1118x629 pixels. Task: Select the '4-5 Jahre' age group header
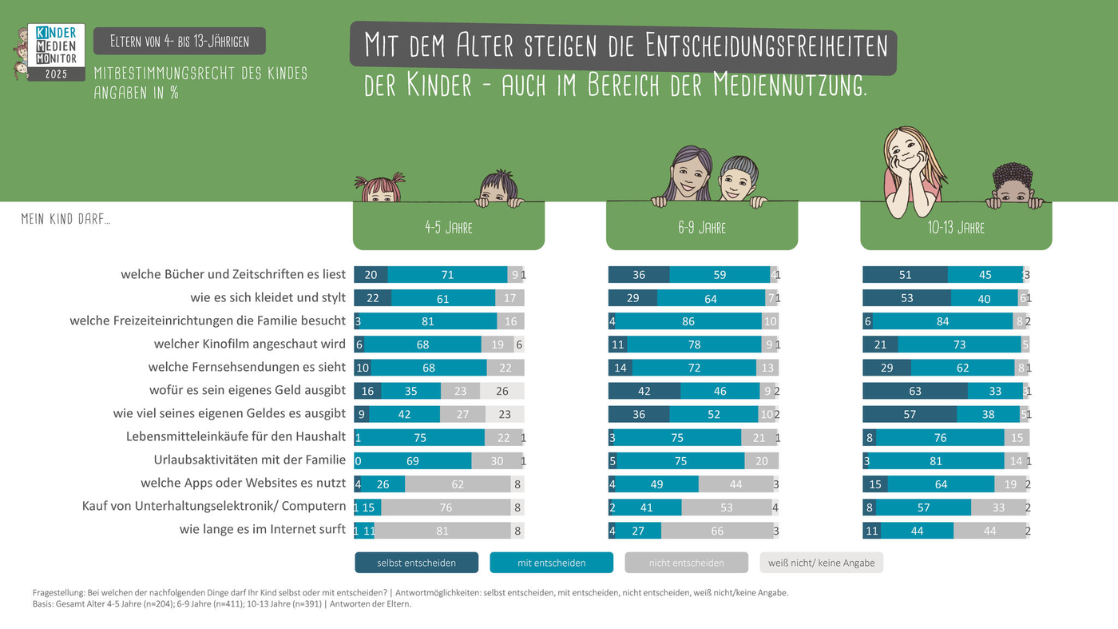[449, 228]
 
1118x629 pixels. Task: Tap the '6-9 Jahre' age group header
[702, 228]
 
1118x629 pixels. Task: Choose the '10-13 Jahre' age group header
[956, 228]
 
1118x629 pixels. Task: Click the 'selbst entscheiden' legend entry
[416, 563]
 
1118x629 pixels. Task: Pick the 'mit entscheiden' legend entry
[551, 563]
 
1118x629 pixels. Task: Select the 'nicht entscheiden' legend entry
[686, 563]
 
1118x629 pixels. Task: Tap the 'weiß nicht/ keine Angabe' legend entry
[821, 563]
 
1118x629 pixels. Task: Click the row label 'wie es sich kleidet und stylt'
[268, 298]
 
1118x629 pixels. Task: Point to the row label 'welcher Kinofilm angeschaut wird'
[249, 344]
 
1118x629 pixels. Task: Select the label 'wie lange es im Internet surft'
[262, 529]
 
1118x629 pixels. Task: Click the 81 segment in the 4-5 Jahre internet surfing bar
[442, 531]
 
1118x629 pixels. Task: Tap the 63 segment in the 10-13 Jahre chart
[915, 392]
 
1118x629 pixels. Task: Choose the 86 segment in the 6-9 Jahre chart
[688, 322]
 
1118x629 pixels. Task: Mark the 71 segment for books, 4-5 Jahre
[447, 275]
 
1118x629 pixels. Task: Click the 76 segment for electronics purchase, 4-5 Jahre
[446, 508]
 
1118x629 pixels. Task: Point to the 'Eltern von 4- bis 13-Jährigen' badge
[180, 42]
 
